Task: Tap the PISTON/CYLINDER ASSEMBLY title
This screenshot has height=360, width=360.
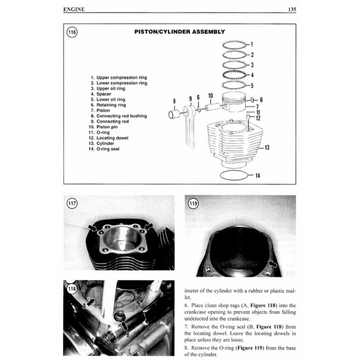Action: coord(179,32)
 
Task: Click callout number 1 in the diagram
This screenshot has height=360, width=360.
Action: coord(252,45)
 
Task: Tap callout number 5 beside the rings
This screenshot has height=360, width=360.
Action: coord(252,86)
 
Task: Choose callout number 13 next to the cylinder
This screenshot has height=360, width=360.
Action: coord(266,148)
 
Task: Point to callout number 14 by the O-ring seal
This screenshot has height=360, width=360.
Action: coord(257,176)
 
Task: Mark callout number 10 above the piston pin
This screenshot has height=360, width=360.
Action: coord(210,96)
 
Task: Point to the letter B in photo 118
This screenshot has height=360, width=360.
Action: coord(127,334)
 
